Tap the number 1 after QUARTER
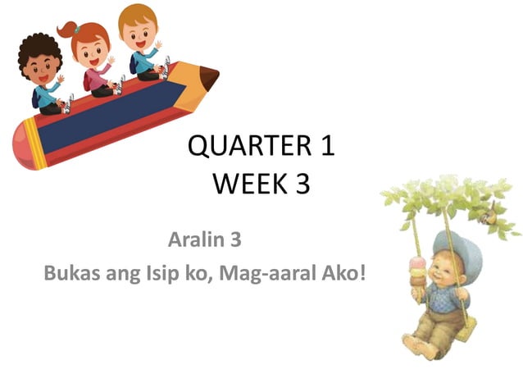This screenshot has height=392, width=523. coord(325,148)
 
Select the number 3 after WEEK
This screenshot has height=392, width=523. coord(302,185)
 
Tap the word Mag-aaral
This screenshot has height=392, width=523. coord(275,271)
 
